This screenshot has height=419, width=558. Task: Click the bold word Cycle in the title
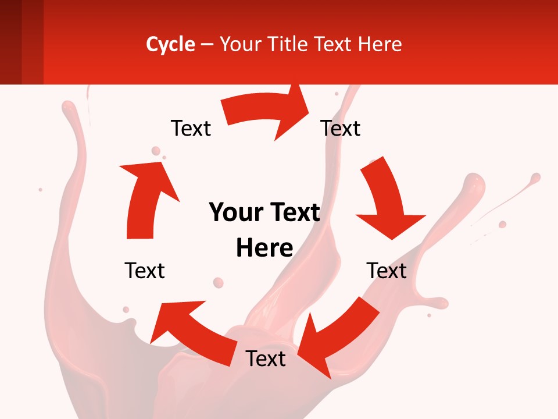(x=170, y=44)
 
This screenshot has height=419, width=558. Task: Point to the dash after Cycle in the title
(x=207, y=45)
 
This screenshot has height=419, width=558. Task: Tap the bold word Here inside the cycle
(x=264, y=248)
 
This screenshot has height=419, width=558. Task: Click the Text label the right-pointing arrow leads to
(x=341, y=128)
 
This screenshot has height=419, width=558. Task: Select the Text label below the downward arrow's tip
(x=387, y=271)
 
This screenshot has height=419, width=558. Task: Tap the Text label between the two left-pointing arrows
(x=266, y=358)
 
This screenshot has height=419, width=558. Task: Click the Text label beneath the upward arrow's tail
(x=145, y=271)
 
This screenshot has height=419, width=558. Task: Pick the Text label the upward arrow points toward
(x=191, y=128)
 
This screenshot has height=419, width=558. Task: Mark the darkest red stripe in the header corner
(x=10, y=42)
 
